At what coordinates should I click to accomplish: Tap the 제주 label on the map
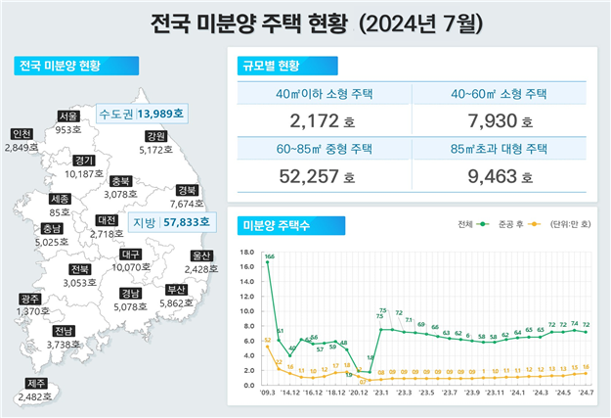tap(35, 383)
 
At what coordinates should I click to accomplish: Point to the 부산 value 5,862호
tap(176, 303)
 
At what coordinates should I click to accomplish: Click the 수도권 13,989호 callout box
tap(141, 114)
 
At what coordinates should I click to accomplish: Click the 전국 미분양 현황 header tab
tap(66, 68)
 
